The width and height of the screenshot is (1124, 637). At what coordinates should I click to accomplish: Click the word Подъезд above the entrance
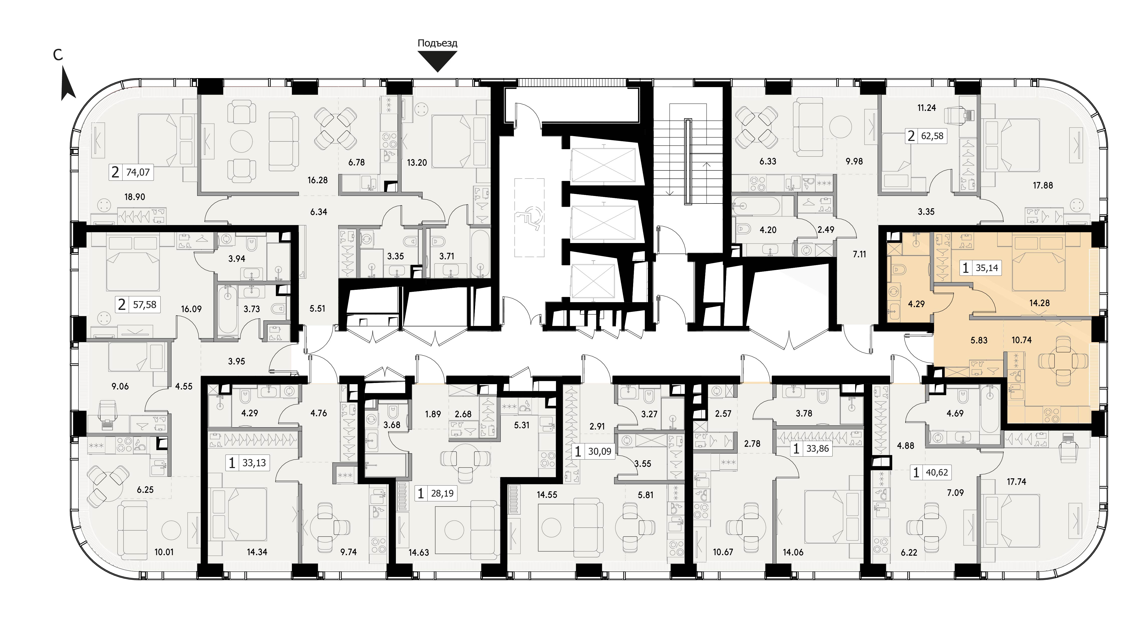(x=437, y=43)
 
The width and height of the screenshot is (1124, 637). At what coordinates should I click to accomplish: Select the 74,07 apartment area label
(x=138, y=172)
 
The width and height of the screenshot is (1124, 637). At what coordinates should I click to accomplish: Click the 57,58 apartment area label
(x=145, y=304)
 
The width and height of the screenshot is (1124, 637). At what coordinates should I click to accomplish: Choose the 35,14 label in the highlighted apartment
(x=986, y=268)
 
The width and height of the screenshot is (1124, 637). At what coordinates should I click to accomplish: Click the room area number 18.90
(x=135, y=197)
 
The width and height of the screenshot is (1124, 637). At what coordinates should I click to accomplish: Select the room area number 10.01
(x=164, y=552)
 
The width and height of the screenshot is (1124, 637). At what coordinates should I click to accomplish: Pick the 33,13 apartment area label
(x=254, y=463)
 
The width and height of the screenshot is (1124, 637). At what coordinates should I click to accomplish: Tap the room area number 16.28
(x=317, y=180)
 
